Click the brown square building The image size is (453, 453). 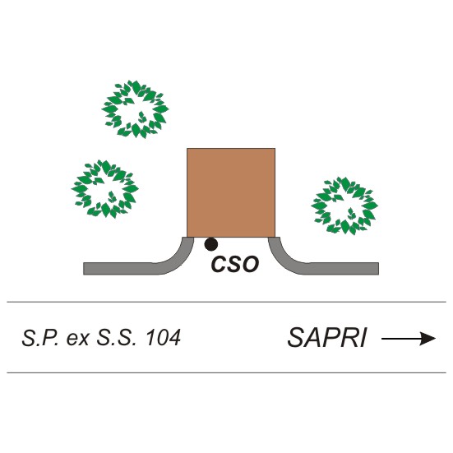tap(231, 192)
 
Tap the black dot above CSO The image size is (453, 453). tap(211, 244)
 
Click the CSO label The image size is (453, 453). tap(235, 264)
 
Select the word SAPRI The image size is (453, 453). tap(326, 337)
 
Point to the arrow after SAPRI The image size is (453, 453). tap(409, 338)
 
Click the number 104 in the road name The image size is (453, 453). tap(164, 337)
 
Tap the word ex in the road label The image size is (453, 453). tap(77, 339)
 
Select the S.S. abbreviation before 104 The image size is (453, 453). tap(116, 337)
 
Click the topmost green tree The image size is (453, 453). tap(135, 109)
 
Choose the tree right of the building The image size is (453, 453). tap(344, 206)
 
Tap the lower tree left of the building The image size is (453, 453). tap(105, 188)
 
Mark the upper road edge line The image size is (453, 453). tap(227, 302)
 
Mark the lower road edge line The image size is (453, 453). tap(227, 372)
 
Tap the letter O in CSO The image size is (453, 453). tap(251, 264)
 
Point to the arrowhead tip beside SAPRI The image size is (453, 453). tap(436, 338)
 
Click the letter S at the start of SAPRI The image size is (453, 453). tap(295, 337)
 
